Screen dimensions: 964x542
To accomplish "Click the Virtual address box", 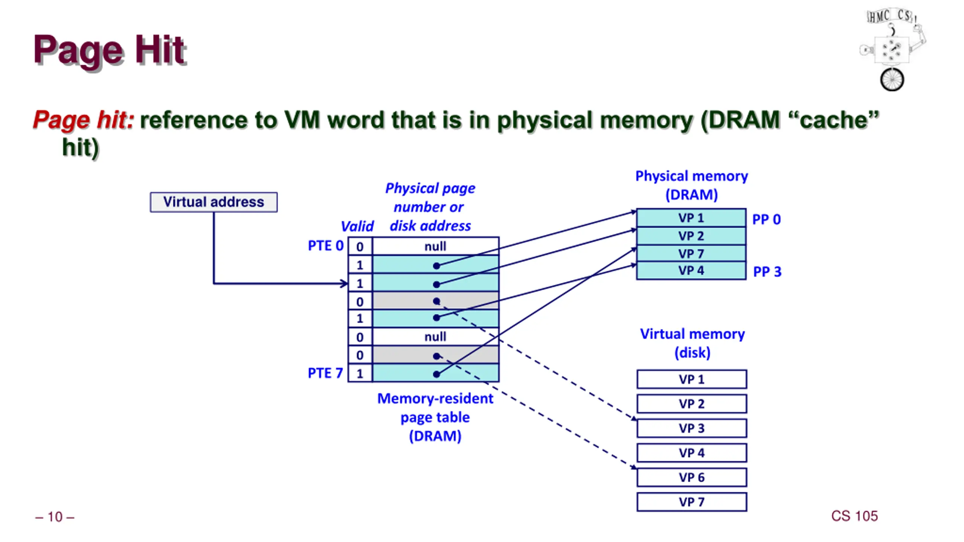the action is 214,202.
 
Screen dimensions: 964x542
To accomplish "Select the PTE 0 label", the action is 326,246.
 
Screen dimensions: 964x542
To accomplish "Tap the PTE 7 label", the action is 325,373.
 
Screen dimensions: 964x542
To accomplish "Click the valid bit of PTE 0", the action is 360,247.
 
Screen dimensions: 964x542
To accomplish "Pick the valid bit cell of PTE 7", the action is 360,373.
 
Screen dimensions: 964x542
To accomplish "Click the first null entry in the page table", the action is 435,247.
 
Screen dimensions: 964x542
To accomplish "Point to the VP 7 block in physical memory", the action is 691,254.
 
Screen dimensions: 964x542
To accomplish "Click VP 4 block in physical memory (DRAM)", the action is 691,271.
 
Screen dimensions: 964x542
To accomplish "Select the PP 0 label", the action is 766,219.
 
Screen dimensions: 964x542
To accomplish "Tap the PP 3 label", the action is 767,271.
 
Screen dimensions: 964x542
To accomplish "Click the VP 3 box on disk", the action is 692,428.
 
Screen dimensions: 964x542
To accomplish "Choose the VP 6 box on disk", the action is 692,477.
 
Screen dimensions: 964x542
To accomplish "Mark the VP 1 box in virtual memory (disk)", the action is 692,379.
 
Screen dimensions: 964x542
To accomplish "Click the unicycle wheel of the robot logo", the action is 892,80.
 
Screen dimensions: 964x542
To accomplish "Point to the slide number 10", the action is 55,517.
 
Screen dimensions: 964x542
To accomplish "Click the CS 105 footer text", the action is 854,516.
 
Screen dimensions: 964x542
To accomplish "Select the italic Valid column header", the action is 357,226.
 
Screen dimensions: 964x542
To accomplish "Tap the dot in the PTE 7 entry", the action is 436,374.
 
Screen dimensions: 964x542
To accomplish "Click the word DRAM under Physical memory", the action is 692,195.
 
